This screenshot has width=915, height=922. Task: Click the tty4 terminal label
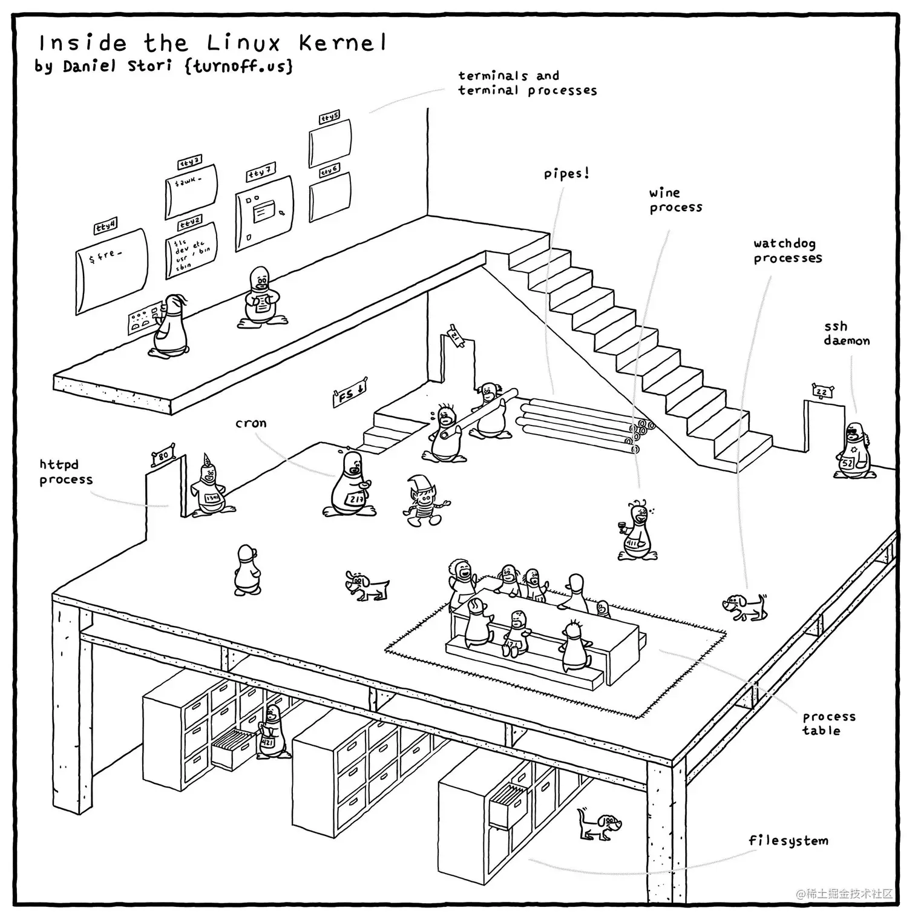click(x=106, y=226)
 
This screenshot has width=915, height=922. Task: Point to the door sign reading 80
click(x=163, y=455)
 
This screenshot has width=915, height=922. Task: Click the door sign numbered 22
click(x=821, y=392)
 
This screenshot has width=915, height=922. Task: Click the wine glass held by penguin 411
click(x=620, y=525)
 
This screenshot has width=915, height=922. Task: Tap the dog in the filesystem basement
click(x=599, y=824)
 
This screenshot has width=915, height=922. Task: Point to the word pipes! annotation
click(x=566, y=174)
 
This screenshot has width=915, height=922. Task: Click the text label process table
click(x=828, y=723)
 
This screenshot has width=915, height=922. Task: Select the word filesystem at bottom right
click(x=788, y=840)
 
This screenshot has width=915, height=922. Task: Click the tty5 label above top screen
click(x=329, y=117)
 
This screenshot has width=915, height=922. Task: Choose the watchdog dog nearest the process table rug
click(x=744, y=605)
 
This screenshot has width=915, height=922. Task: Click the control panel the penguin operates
click(x=143, y=320)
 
